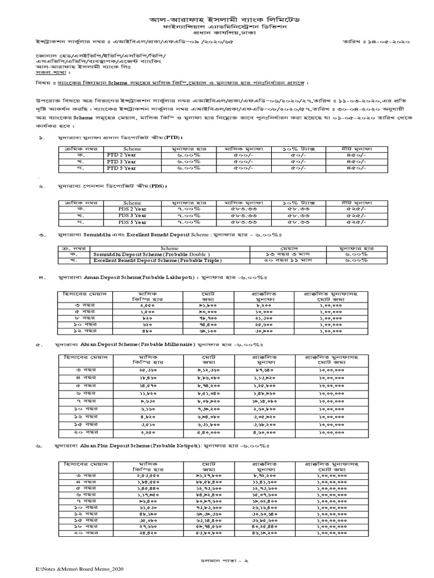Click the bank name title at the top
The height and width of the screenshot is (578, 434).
(x=217, y=20)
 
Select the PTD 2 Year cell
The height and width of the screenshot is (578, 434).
(x=121, y=155)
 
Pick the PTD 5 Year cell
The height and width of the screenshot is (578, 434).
(x=121, y=168)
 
